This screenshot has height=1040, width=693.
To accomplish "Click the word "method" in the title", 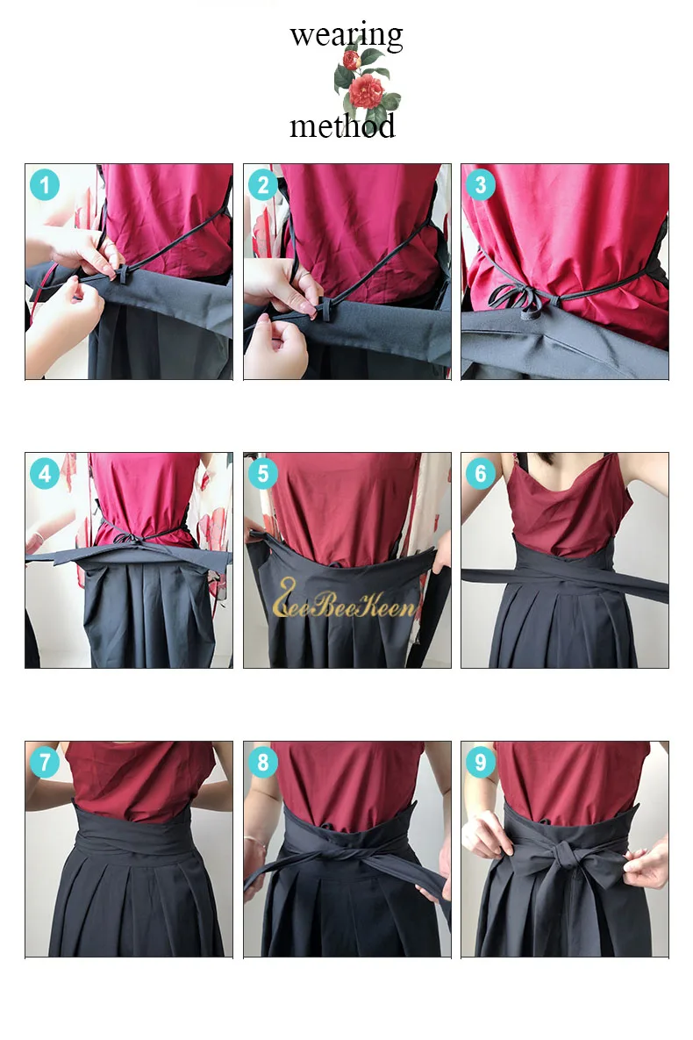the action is [x=342, y=126].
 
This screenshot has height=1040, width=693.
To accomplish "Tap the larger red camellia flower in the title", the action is [x=367, y=91].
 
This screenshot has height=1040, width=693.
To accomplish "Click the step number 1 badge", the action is [x=45, y=185].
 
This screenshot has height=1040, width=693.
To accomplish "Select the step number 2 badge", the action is [x=263, y=185].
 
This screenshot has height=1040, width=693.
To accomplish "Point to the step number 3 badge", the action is [x=481, y=185].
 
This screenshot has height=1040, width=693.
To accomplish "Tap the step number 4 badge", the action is [x=45, y=474].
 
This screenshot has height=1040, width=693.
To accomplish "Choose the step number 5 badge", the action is [x=263, y=474].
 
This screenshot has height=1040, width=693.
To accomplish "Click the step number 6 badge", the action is [x=481, y=474].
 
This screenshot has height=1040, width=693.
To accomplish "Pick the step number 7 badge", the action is [x=45, y=762].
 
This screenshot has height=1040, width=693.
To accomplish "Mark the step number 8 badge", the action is [x=263, y=762].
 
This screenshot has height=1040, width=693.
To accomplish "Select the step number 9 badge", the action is [x=481, y=762].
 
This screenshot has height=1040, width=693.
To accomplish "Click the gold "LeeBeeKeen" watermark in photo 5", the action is [x=345, y=599].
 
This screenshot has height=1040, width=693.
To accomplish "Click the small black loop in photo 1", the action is [x=122, y=273].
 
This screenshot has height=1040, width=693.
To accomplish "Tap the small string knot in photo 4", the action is [x=130, y=538].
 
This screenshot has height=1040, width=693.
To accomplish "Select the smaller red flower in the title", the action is [x=352, y=60].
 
